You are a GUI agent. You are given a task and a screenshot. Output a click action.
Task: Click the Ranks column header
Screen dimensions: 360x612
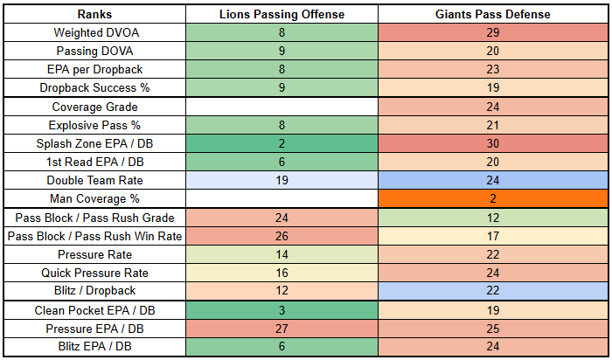pyautogui.click(x=94, y=15)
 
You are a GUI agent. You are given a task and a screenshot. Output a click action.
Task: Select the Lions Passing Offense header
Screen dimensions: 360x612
pyautogui.click(x=281, y=15)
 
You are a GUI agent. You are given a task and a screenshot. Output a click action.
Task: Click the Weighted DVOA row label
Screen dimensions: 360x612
pyautogui.click(x=94, y=32)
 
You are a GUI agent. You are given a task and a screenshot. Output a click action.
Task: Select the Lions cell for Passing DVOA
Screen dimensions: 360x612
pyautogui.click(x=281, y=51)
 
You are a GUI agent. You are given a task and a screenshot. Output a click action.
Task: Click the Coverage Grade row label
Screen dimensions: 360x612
pyautogui.click(x=94, y=107)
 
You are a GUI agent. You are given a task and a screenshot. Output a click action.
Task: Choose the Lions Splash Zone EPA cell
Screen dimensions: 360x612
pyautogui.click(x=281, y=143)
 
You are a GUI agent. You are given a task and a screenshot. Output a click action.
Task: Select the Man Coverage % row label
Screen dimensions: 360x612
pyautogui.click(x=94, y=198)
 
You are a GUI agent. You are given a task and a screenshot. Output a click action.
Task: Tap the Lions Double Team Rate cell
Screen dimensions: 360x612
pyautogui.click(x=281, y=180)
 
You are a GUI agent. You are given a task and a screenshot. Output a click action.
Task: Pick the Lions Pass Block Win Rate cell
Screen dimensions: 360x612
pyautogui.click(x=281, y=236)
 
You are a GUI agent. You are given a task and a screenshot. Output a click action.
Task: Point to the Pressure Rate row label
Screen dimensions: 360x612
pyautogui.click(x=94, y=254)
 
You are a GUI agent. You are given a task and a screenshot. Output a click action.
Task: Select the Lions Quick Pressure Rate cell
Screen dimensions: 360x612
pyautogui.click(x=281, y=273)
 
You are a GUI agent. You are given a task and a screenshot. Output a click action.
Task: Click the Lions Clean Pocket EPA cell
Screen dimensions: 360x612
pyautogui.click(x=281, y=310)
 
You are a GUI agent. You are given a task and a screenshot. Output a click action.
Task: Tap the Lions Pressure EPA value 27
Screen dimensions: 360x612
pyautogui.click(x=281, y=329)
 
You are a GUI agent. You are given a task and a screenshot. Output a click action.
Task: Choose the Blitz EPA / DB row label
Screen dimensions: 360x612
pyautogui.click(x=94, y=347)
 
